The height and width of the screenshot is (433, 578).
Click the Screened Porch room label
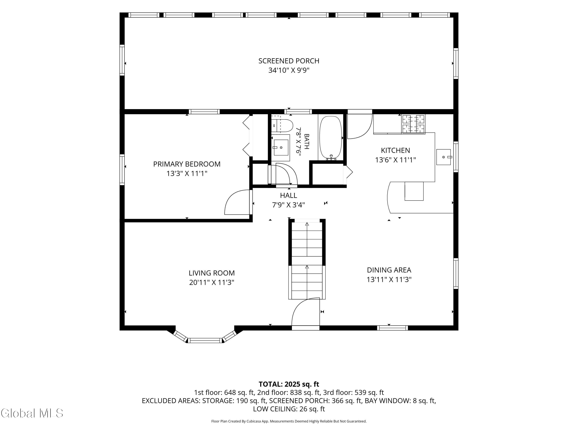click(289, 61)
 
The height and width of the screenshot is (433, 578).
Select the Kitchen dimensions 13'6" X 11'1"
click(395, 160)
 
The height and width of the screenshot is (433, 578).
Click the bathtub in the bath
click(331, 138)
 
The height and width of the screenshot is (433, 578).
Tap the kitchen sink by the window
click(444, 157)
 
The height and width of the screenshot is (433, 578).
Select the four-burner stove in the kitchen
click(413, 124)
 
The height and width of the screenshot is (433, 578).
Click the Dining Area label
click(389, 270)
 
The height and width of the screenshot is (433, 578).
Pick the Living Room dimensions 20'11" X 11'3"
click(212, 282)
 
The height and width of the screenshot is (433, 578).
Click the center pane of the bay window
click(205, 340)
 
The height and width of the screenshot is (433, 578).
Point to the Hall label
click(288, 196)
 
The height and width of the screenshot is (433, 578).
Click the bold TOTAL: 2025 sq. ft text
click(289, 384)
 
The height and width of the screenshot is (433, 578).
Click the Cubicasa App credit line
click(289, 421)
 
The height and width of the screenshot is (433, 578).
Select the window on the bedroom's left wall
click(122, 170)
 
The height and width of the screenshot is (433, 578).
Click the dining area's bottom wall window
click(392, 328)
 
